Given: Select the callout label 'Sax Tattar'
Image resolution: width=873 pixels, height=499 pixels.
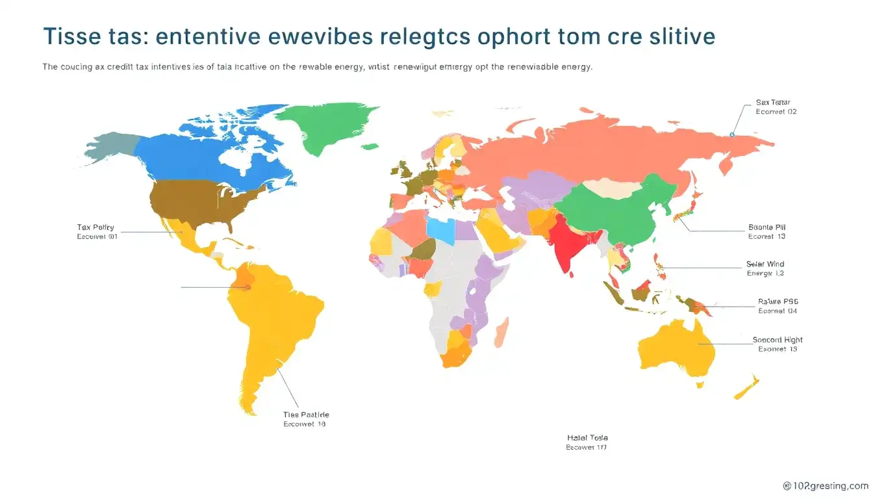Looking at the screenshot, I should pyautogui.click(x=772, y=102).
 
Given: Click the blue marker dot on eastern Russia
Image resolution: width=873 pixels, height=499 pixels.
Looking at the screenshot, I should pyautogui.click(x=732, y=134).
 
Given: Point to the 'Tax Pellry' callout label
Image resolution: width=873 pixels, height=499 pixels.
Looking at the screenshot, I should pyautogui.click(x=95, y=227).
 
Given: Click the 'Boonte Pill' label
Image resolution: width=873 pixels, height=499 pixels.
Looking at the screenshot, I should pyautogui.click(x=767, y=227).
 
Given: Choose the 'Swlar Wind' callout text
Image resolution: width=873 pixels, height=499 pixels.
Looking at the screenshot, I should pyautogui.click(x=765, y=264).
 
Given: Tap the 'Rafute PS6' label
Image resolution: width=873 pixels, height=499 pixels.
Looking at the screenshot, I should pyautogui.click(x=778, y=301).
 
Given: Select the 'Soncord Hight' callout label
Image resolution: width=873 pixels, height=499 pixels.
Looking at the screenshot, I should pyautogui.click(x=778, y=340).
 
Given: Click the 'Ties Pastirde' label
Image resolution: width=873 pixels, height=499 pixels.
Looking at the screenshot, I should pyautogui.click(x=306, y=415).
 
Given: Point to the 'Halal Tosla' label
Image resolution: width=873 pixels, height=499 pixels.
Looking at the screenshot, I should pyautogui.click(x=587, y=438).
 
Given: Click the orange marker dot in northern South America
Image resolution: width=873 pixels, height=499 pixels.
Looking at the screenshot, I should pyautogui.click(x=247, y=287).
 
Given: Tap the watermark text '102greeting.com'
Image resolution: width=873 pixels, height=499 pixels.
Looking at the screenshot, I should pyautogui.click(x=826, y=485).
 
